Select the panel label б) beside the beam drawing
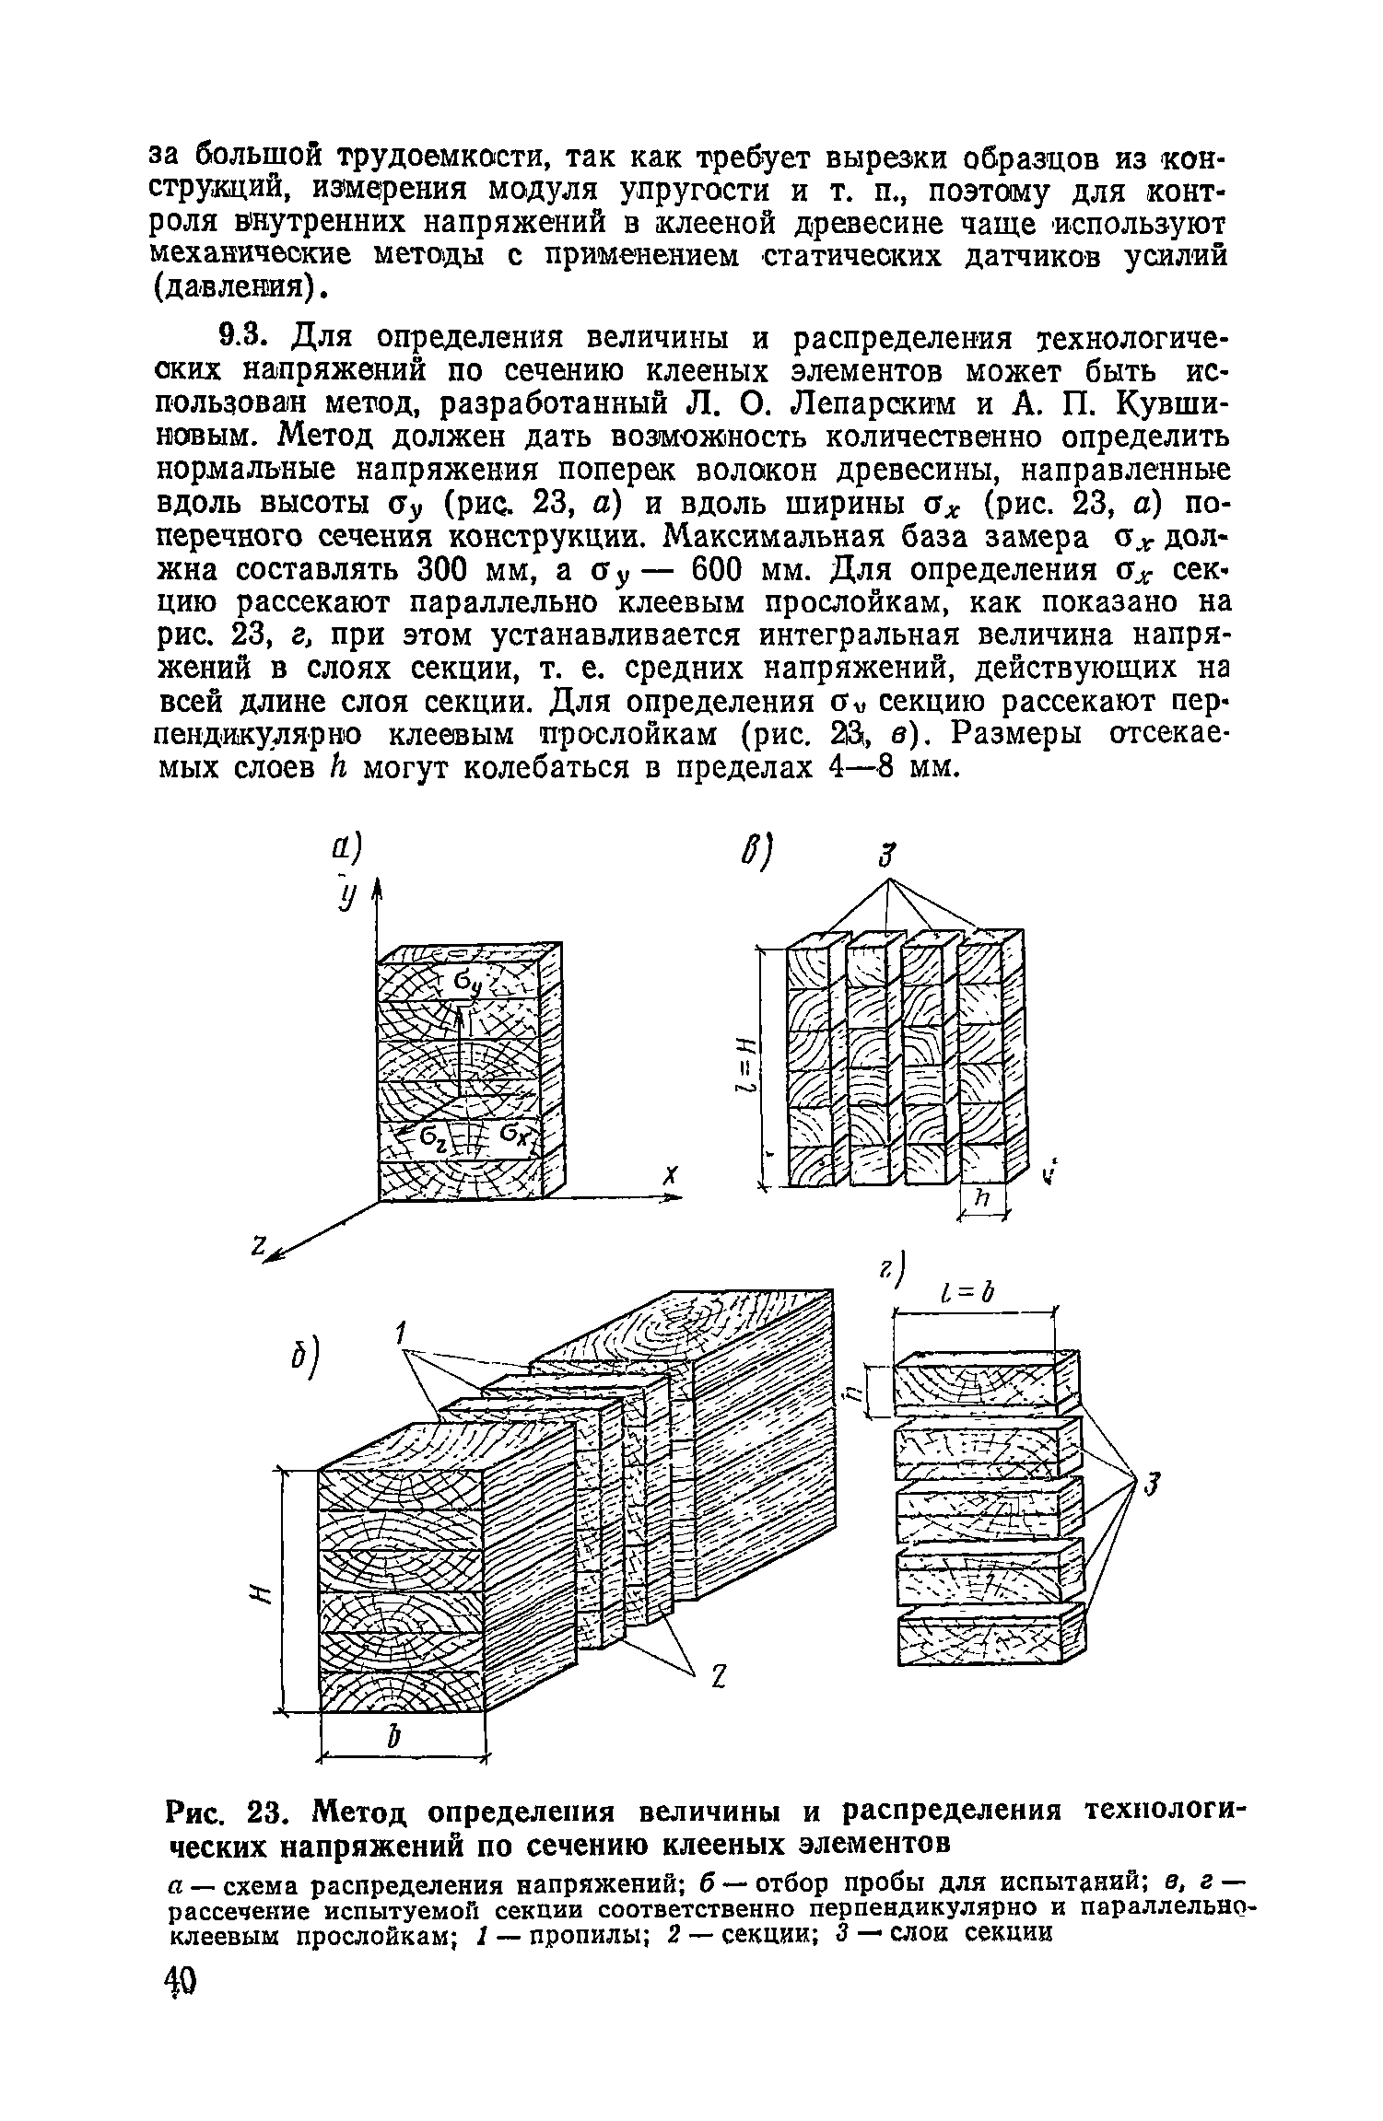(x=301, y=1362)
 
